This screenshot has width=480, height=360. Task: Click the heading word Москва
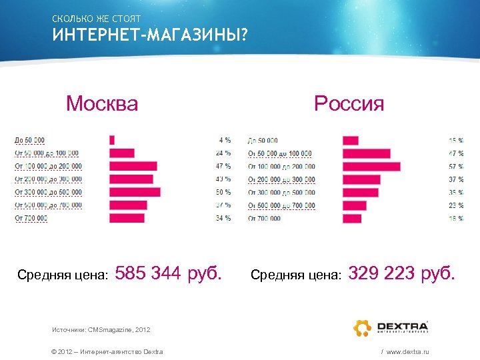[x=102, y=104]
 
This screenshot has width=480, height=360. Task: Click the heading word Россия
[x=349, y=104]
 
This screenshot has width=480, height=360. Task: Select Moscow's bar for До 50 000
[x=112, y=140]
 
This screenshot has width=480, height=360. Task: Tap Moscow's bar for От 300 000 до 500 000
[x=135, y=192]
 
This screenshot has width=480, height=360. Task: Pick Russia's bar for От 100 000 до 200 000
[x=371, y=166]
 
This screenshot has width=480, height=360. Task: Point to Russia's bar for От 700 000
[x=352, y=218]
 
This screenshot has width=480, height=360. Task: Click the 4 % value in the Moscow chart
[x=225, y=140]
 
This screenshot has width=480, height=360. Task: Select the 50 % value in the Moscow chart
[x=224, y=192]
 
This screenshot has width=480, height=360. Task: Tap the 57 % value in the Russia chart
[x=456, y=166]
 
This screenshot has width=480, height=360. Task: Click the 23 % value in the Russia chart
[x=456, y=205]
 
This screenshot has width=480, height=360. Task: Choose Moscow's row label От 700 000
[x=31, y=218]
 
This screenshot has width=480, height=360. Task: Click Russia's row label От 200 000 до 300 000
[x=281, y=179]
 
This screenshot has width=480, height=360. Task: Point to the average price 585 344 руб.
[x=169, y=273]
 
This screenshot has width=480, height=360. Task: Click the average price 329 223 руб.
[x=402, y=273]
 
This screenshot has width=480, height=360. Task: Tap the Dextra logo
[x=390, y=327]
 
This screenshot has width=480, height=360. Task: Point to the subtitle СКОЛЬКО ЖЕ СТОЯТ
[x=96, y=18]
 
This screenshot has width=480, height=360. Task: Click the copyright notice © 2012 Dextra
[x=107, y=351]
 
